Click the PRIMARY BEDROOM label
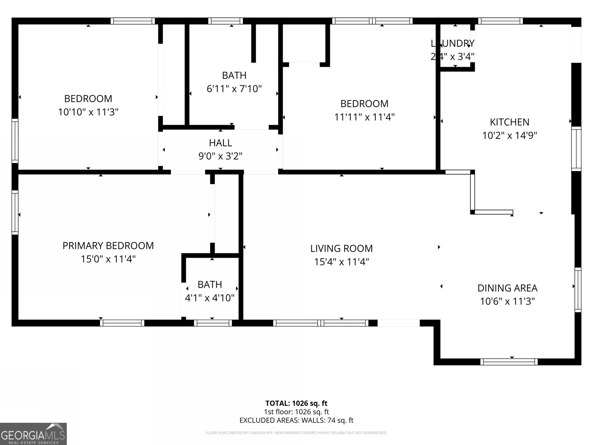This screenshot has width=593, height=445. click(108, 245)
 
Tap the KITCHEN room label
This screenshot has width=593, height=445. click(509, 122)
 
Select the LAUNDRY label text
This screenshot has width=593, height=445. click(453, 43)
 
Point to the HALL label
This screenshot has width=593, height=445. click(220, 143)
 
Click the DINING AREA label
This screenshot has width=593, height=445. click(507, 288)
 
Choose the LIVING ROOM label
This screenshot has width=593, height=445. click(341, 248)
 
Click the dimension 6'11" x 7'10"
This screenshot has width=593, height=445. click(234, 89)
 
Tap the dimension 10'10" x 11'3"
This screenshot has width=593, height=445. click(88, 112)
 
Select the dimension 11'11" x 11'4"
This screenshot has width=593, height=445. click(364, 117)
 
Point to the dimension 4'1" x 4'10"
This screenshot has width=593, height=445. click(210, 298)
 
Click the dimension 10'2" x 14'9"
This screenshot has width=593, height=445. click(509, 135)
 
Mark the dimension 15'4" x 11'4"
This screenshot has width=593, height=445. click(341, 262)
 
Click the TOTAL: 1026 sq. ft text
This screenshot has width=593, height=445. click(296, 403)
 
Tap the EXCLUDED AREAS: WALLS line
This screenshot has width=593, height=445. click(296, 420)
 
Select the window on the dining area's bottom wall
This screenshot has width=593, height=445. click(508, 362)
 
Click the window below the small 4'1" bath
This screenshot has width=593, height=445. click(213, 323)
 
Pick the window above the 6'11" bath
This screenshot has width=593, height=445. click(225, 21)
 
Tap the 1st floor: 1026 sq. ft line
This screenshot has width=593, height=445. click(296, 412)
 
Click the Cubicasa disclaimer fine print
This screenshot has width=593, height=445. click(296, 433)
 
